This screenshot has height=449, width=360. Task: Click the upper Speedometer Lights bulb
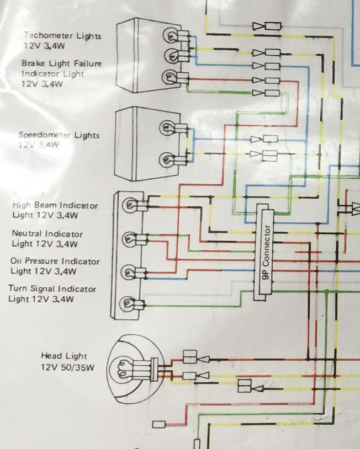pyautogui.click(x=168, y=128)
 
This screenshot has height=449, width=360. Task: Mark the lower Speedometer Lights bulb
pyautogui.click(x=168, y=160)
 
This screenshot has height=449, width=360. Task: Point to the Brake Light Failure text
pyautogui.click(x=62, y=63)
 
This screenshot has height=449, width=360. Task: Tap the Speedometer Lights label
pyautogui.click(x=59, y=135)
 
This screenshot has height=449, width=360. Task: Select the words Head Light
pyautogui.click(x=63, y=356)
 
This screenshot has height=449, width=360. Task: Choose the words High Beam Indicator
pyautogui.click(x=55, y=205)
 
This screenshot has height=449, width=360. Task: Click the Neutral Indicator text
pyautogui.click(x=47, y=233)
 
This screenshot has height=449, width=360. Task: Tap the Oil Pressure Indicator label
pyautogui.click(x=55, y=261)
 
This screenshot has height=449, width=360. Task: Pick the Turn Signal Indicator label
pyautogui.click(x=52, y=288)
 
